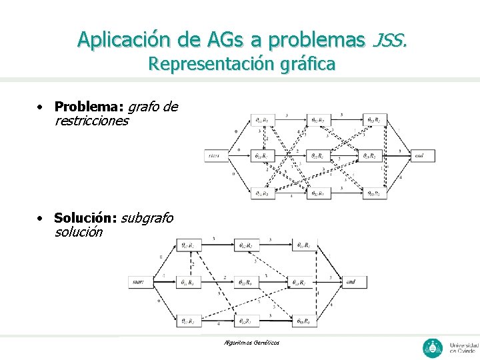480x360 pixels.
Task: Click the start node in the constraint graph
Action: click(x=214, y=156)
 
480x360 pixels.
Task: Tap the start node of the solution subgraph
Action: click(x=139, y=282)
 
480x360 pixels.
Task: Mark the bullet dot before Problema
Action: click(x=41, y=107)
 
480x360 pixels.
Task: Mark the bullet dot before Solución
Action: click(x=41, y=218)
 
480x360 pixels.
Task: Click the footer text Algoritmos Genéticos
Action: click(x=253, y=343)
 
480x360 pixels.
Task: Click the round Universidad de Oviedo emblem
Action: click(x=433, y=347)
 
